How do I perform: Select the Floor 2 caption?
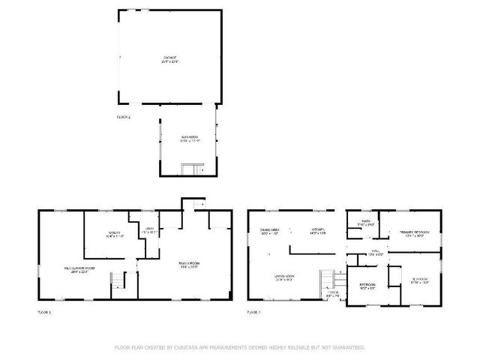click(x=124, y=118)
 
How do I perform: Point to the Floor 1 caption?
click(x=44, y=312)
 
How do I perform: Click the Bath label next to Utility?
click(x=149, y=229)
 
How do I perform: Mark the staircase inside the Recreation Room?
click(x=117, y=283)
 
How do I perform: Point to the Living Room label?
click(x=285, y=277)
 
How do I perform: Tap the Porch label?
click(x=333, y=293)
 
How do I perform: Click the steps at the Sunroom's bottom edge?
click(x=193, y=170)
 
